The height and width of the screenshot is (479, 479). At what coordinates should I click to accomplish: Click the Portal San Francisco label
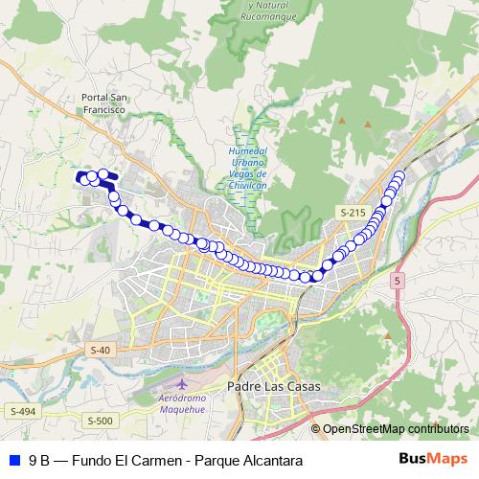(104, 104)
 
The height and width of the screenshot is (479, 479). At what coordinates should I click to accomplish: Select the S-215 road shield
(352, 210)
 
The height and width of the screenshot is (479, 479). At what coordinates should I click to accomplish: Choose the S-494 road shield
(23, 411)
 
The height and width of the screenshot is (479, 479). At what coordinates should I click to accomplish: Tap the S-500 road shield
(100, 421)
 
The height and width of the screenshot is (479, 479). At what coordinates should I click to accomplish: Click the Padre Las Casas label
(273, 386)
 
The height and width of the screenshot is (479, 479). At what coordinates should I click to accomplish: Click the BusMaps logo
(433, 459)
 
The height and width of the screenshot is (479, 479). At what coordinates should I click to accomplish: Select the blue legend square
(12, 460)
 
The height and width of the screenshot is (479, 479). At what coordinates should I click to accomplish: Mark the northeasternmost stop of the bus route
(399, 175)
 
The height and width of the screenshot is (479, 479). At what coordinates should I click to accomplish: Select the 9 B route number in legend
(39, 460)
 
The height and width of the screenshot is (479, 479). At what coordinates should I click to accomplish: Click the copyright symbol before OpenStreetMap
(315, 428)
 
